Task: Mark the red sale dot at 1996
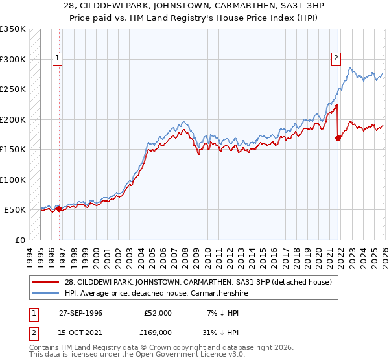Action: click(x=59, y=209)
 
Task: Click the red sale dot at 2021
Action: click(x=338, y=138)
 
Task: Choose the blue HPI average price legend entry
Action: click(x=156, y=293)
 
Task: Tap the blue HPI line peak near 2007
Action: click(x=184, y=121)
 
